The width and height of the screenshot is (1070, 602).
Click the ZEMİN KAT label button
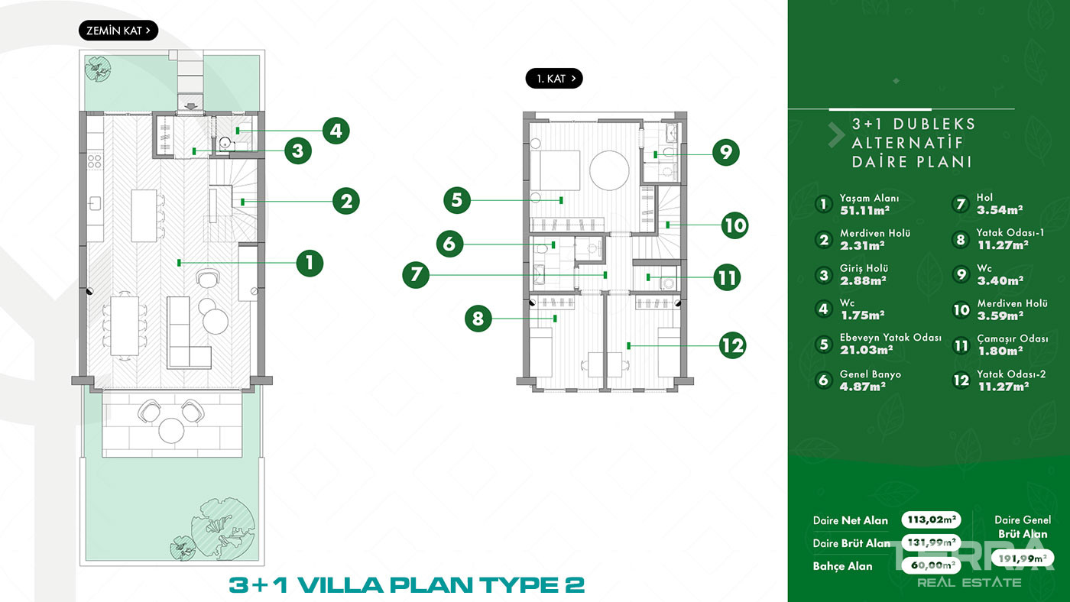click(x=118, y=31)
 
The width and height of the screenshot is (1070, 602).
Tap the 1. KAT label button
click(x=554, y=78)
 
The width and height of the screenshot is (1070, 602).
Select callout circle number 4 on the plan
click(x=336, y=131)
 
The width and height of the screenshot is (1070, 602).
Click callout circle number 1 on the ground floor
click(x=310, y=263)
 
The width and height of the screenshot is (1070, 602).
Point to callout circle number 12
click(x=732, y=345)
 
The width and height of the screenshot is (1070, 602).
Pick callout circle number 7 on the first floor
click(x=416, y=274)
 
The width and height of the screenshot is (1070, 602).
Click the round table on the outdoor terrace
click(x=171, y=430)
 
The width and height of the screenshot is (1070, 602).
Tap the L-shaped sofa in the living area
click(x=189, y=333)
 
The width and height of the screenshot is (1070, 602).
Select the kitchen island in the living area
click(x=144, y=215)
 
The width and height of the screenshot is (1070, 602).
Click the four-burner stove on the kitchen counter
click(x=95, y=161)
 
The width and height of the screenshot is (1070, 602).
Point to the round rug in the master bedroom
click(x=609, y=170)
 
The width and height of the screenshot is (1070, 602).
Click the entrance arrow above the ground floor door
click(x=191, y=106)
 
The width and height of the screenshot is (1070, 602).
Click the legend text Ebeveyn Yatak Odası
click(x=890, y=337)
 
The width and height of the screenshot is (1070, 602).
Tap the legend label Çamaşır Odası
click(x=1012, y=338)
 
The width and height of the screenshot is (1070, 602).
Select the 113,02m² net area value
click(x=931, y=519)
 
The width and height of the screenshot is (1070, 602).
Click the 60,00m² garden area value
click(x=931, y=565)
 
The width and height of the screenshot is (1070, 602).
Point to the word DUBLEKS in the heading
click(x=934, y=124)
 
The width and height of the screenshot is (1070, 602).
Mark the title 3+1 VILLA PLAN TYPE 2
click(x=407, y=585)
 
